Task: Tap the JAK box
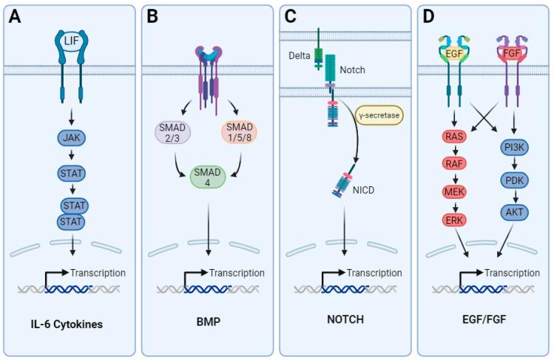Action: coord(71,137)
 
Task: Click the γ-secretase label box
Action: coord(375,115)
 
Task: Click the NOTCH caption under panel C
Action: coord(345,323)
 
